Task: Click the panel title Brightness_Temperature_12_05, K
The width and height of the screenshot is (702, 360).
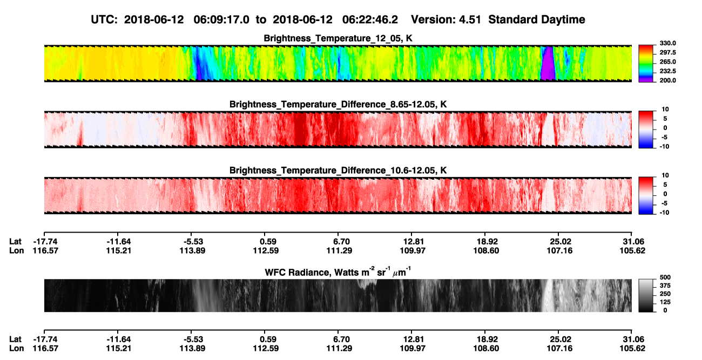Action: coord(338,38)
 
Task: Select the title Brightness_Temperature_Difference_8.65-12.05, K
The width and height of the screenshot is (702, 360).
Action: coord(338,104)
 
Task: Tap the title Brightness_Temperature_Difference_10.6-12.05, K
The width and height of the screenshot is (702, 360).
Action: coord(338,171)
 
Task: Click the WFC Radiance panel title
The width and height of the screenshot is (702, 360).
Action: coord(338,271)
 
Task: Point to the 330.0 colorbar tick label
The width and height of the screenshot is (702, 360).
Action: coord(667,43)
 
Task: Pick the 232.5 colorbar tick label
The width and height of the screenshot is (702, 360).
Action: coord(667,71)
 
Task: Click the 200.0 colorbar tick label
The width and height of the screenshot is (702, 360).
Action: coord(667,80)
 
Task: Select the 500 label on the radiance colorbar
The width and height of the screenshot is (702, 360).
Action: coord(665,277)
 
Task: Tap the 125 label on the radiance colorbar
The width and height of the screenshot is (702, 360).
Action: coord(665,302)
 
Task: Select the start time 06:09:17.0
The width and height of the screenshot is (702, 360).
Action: coord(221,19)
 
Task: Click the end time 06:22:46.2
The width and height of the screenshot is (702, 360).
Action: coord(370,19)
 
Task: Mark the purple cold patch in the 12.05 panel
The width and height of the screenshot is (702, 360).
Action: coord(548,63)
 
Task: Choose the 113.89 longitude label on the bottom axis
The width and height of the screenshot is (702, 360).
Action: coord(192,349)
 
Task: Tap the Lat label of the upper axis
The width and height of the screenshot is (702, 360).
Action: coord(15,242)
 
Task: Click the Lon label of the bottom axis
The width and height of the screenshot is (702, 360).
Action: coord(16,349)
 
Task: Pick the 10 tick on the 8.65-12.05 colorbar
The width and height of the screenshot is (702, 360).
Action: coord(665,110)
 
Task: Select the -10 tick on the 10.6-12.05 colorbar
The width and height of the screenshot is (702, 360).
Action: coord(664,213)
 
